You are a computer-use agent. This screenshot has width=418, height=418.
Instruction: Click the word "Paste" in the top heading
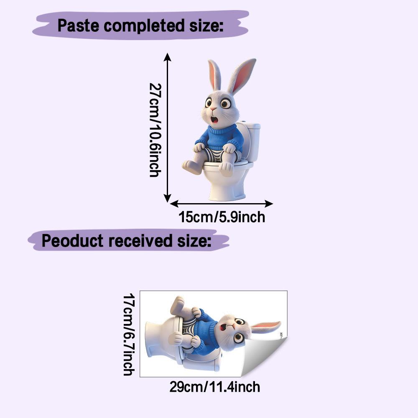tap(78, 25)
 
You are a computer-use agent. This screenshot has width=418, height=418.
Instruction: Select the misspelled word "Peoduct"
tap(72, 240)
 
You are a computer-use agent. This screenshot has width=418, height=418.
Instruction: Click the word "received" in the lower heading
tap(140, 240)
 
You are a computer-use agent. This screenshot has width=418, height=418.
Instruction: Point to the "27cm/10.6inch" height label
tap(155, 130)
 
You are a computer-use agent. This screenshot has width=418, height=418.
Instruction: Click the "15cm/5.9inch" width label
tap(222, 217)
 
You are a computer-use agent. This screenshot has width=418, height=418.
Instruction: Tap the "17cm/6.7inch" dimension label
tap(129, 334)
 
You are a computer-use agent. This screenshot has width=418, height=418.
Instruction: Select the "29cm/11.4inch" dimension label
tap(214, 387)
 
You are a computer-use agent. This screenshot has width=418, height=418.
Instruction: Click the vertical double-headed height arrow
tap(167, 127)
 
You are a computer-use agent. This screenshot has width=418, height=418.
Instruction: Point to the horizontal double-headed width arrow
tap(221, 204)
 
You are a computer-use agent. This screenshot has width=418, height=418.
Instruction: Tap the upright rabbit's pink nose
tap(213, 109)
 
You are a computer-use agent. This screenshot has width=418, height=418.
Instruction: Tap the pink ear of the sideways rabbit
tap(265, 326)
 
